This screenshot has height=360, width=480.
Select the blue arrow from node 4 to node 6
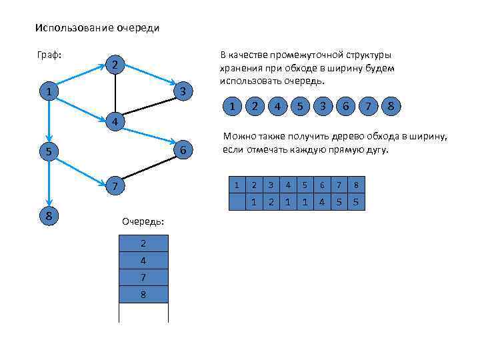point(148,137)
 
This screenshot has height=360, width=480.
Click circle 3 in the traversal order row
point(323,107)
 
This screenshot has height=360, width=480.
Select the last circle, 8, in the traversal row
point(391,107)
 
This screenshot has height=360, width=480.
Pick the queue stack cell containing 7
point(143,277)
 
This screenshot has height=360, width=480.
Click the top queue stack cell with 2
point(143,242)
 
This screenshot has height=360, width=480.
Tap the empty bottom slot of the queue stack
point(143,312)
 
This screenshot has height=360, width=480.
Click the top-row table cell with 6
point(323,185)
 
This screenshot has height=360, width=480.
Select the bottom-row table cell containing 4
point(323,201)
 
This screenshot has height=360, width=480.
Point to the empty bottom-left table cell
point(237,201)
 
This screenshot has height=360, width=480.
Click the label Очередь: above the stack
point(143,221)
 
